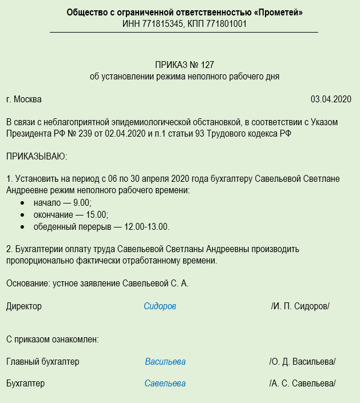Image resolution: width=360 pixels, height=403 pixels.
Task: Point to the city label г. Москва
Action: click(x=24, y=99)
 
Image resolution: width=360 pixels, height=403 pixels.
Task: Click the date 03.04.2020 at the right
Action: click(x=331, y=99)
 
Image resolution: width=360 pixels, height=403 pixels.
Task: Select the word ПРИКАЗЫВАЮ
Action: click(x=37, y=155)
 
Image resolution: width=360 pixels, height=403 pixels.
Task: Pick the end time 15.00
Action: click(x=97, y=215)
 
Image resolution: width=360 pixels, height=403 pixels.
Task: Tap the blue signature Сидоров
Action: click(x=160, y=306)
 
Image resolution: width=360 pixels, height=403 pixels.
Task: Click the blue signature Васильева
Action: click(x=165, y=362)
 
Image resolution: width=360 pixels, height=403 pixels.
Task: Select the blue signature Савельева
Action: click(x=165, y=384)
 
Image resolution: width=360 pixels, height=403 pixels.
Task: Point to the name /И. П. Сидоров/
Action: click(x=300, y=306)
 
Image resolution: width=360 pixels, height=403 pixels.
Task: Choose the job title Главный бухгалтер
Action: click(x=43, y=362)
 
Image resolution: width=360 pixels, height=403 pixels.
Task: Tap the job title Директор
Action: click(x=24, y=306)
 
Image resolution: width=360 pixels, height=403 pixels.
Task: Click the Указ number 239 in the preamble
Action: click(x=73, y=134)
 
